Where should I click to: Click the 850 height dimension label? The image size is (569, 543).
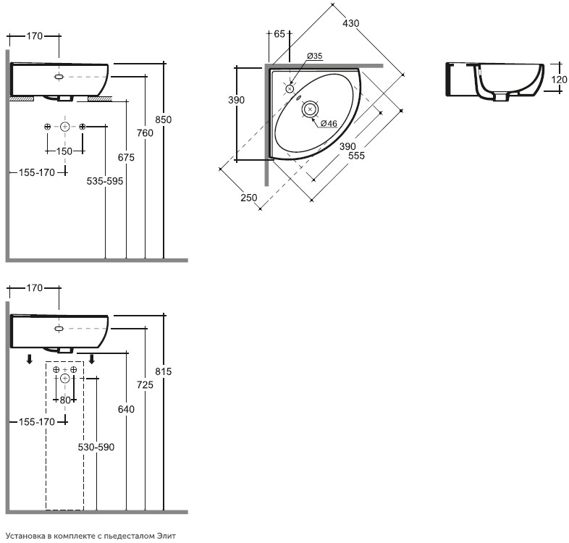pos(164,119)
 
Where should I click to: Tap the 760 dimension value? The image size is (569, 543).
pos(146,133)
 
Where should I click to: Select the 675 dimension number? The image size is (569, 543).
pos(126,158)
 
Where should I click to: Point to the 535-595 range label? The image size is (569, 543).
pos(105,181)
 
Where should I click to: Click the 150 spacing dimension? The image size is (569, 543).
pos(64,151)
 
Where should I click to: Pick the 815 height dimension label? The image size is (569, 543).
pos(164,371)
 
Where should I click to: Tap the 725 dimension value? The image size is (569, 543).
pos(146,384)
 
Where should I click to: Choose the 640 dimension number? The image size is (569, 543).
pos(126,410)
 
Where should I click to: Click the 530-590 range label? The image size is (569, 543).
pos(96,447)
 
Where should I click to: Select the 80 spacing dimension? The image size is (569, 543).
pos(65,400)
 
